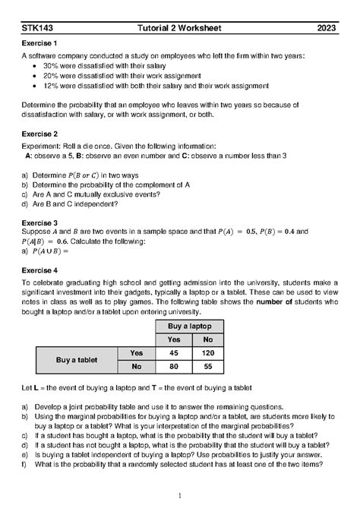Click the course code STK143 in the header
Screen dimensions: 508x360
pos(37,29)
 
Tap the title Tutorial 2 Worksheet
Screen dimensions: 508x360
pos(179,29)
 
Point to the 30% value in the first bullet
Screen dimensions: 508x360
pos(51,66)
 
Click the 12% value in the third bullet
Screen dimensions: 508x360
pos(51,86)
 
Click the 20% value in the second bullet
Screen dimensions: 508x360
pos(51,76)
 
